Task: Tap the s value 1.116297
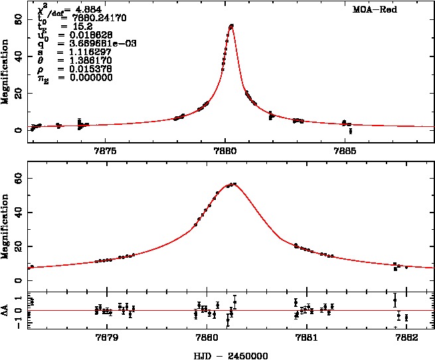pyautogui.click(x=80, y=52)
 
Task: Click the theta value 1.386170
pyautogui.click(x=80, y=60)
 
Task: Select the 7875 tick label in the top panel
pyautogui.click(x=106, y=150)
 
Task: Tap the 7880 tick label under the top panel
pyautogui.click(x=225, y=150)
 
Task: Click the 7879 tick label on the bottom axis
pyautogui.click(x=106, y=337)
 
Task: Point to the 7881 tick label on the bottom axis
pyautogui.click(x=305, y=337)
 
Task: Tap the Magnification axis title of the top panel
pyautogui.click(x=7, y=72)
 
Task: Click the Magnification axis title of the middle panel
pyautogui.click(x=7, y=226)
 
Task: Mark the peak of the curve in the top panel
pyautogui.click(x=231, y=25)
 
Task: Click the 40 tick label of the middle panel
pyautogui.click(x=18, y=213)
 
